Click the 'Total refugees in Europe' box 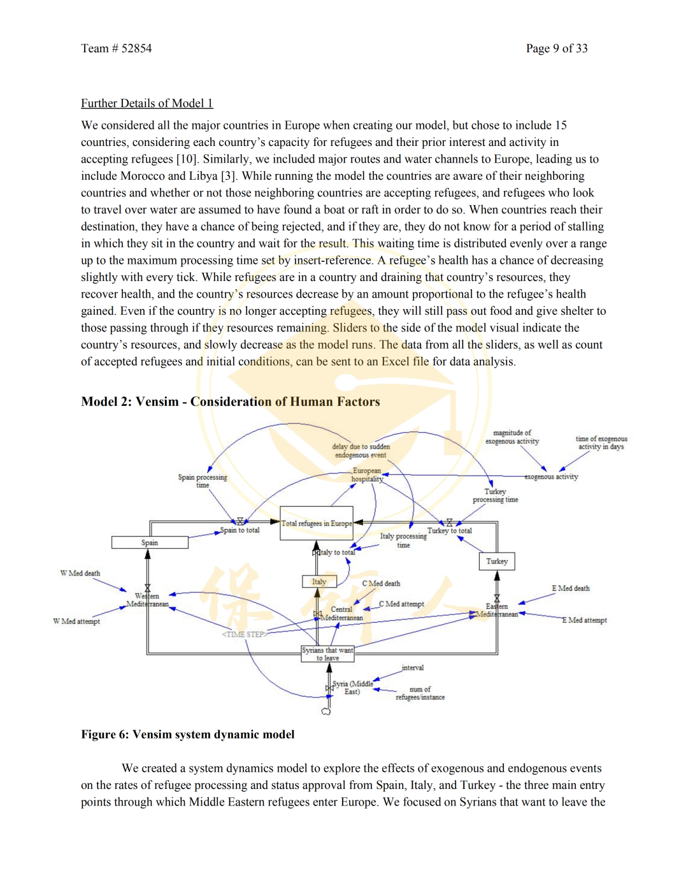click(x=317, y=524)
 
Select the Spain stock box click(x=150, y=542)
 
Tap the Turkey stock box click(x=497, y=561)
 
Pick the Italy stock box click(x=319, y=582)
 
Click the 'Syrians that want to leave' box click(x=327, y=654)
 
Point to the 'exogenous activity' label click(x=552, y=477)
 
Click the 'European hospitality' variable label click(x=368, y=475)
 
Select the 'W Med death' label click(x=80, y=574)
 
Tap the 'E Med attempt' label click(x=584, y=620)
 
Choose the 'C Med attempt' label click(x=401, y=604)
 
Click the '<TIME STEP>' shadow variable click(x=245, y=635)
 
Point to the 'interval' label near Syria click(x=413, y=668)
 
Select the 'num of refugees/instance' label click(x=420, y=693)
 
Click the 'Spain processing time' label click(x=203, y=481)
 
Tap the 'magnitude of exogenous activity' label click(x=512, y=437)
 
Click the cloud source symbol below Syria click(x=326, y=711)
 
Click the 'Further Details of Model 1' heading click(x=147, y=103)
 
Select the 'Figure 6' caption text click(x=188, y=734)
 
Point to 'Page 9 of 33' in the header click(x=557, y=48)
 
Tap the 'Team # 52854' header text click(x=117, y=48)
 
